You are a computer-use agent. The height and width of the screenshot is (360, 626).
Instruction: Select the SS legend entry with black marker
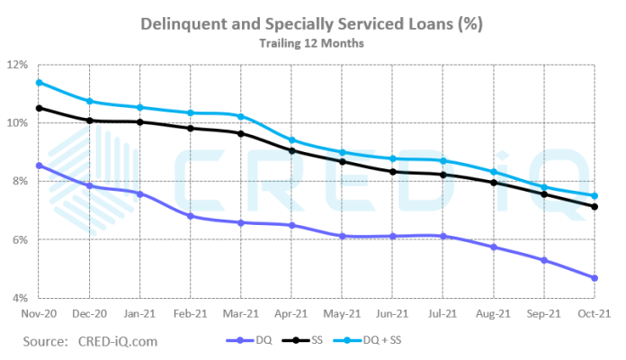tap(309, 341)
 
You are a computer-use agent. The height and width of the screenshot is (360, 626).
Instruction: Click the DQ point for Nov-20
tap(38, 166)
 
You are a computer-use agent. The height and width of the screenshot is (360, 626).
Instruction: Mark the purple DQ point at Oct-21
tap(595, 278)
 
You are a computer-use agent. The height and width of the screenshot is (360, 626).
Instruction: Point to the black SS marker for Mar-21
tap(241, 133)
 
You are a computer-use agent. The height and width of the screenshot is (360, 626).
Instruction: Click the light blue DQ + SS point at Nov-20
tap(38, 82)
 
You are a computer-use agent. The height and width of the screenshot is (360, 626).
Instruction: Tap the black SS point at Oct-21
tap(595, 207)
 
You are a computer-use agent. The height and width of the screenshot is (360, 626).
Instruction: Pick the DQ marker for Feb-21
tap(191, 216)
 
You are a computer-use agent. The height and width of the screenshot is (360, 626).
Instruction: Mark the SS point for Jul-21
tap(443, 175)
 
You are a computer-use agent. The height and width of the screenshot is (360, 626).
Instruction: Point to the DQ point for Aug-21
tap(494, 247)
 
